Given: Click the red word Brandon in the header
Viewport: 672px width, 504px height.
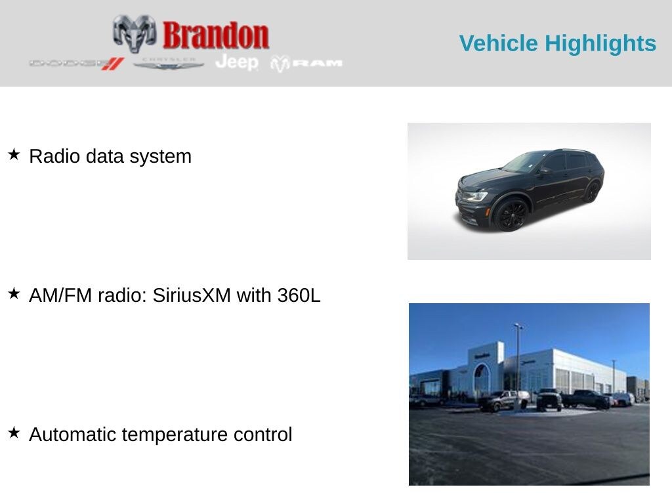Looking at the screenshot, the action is (x=216, y=35).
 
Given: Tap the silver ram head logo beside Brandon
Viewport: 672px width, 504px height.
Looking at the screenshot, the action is (x=135, y=33).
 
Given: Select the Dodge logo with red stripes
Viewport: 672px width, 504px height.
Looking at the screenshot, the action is (x=76, y=64).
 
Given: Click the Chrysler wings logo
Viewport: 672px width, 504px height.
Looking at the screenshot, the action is (x=169, y=64).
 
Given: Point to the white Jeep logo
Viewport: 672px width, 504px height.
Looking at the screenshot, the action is (x=237, y=62).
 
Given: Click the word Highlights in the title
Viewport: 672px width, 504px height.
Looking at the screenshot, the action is (x=600, y=44).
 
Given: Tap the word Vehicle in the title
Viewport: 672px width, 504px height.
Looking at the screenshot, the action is (x=499, y=43).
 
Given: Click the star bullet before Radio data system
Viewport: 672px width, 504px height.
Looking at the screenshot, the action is (x=14, y=154).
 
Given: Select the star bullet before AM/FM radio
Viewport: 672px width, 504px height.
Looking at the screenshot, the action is (x=14, y=293).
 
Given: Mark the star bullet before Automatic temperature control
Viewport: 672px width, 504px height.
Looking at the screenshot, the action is (x=14, y=432).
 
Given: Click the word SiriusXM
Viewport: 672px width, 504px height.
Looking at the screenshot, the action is (x=192, y=295).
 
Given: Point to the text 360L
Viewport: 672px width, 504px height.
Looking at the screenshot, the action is (x=299, y=295).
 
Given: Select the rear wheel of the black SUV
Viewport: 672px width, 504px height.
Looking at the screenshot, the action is (x=593, y=192).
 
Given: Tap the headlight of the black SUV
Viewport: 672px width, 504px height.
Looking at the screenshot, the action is (x=476, y=197).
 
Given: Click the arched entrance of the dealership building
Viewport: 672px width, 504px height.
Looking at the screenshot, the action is (x=481, y=379).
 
